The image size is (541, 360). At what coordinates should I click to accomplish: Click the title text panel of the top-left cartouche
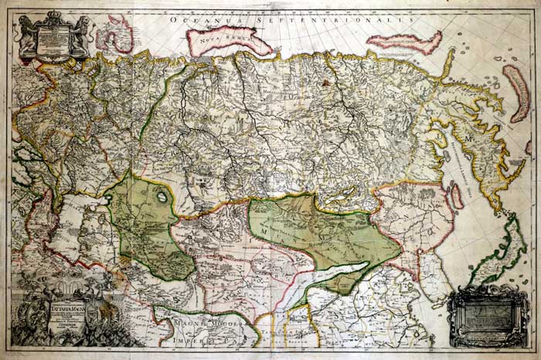55,39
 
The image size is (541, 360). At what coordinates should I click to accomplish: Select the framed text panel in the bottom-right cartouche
488,316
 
